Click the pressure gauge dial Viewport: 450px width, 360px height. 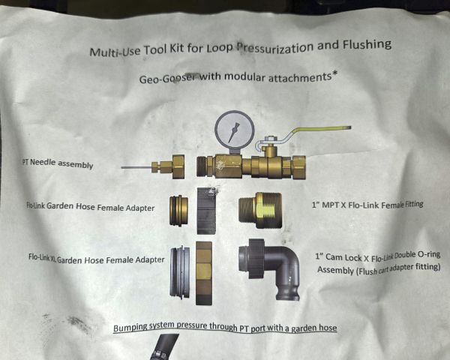point(235,129)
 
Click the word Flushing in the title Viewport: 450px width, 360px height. point(367,45)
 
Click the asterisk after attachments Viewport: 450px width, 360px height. point(334,74)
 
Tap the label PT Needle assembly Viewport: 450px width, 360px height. point(58,163)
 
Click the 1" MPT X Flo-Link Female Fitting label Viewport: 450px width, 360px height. point(367,205)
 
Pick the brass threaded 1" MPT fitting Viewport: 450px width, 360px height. point(260,211)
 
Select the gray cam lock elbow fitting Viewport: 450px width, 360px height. point(269,268)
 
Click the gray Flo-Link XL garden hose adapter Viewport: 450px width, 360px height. point(180,272)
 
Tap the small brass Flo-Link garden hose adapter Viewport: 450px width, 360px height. point(178,211)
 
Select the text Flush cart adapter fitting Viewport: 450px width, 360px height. point(399,268)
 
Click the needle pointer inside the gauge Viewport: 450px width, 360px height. point(233,132)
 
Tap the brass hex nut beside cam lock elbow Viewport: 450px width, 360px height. point(204,273)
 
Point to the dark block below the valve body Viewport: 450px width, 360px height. point(206,211)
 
